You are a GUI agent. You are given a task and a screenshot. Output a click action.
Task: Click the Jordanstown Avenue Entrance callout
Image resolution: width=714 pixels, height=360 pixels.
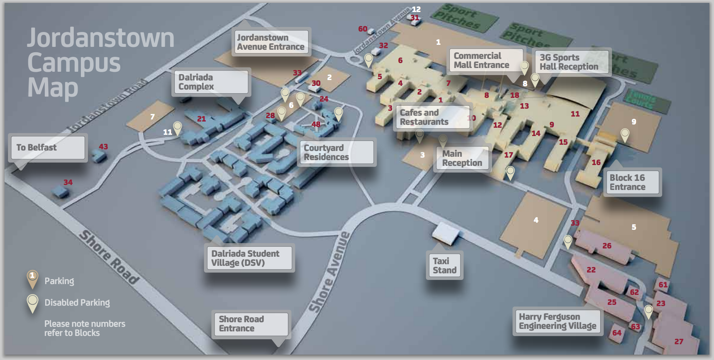270,42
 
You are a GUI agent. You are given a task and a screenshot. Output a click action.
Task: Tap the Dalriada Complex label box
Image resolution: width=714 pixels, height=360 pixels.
210,82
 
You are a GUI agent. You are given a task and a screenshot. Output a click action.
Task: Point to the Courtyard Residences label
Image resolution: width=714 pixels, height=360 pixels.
336,152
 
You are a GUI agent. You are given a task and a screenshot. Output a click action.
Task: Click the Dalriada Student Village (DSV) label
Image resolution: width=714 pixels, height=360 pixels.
249,258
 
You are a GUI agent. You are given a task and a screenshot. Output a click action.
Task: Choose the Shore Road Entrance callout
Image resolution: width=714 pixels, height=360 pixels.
250,324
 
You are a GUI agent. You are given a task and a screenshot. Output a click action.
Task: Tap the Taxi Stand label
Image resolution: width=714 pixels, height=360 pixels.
444,265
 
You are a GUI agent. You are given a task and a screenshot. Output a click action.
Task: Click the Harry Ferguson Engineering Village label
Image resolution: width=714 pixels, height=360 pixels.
557,321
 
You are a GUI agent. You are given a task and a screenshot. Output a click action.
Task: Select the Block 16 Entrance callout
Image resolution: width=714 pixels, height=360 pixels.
632,182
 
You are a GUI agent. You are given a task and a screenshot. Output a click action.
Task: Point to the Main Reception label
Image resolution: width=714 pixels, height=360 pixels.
462,158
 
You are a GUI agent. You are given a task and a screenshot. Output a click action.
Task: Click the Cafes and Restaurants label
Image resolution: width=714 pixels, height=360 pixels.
432,117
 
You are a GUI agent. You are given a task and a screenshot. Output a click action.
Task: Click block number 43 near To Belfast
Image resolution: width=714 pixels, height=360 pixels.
103,147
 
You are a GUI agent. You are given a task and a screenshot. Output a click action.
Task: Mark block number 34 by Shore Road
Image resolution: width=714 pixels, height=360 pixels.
68,182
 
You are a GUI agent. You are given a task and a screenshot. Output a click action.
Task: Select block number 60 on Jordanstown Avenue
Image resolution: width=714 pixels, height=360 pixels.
363,29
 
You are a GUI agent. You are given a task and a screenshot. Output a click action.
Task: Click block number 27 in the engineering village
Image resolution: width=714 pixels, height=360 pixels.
679,342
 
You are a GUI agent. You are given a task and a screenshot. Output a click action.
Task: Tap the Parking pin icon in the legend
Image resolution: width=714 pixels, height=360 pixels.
32,279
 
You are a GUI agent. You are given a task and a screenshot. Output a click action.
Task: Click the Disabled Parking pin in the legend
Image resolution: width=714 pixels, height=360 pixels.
32,303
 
